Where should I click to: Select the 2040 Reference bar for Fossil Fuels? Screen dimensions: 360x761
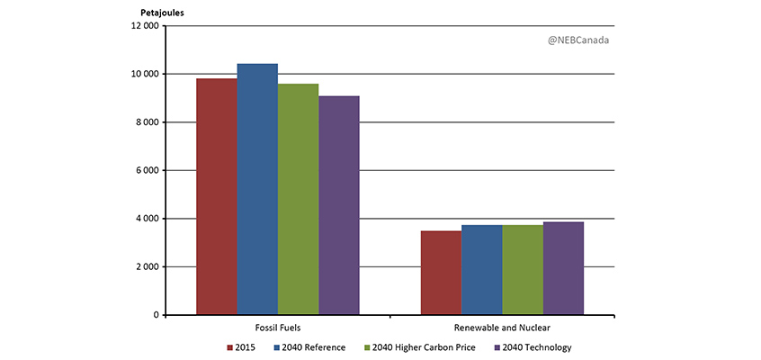click(257, 189)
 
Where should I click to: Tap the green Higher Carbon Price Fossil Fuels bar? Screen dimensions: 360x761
click(298, 199)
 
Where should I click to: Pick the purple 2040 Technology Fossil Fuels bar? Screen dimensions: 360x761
click(338, 205)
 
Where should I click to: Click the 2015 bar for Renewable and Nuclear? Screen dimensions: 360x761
click(441, 273)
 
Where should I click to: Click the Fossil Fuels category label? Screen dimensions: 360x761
click(277, 328)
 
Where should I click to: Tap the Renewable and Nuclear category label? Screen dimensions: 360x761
click(502, 328)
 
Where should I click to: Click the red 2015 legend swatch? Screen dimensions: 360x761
click(230, 347)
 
